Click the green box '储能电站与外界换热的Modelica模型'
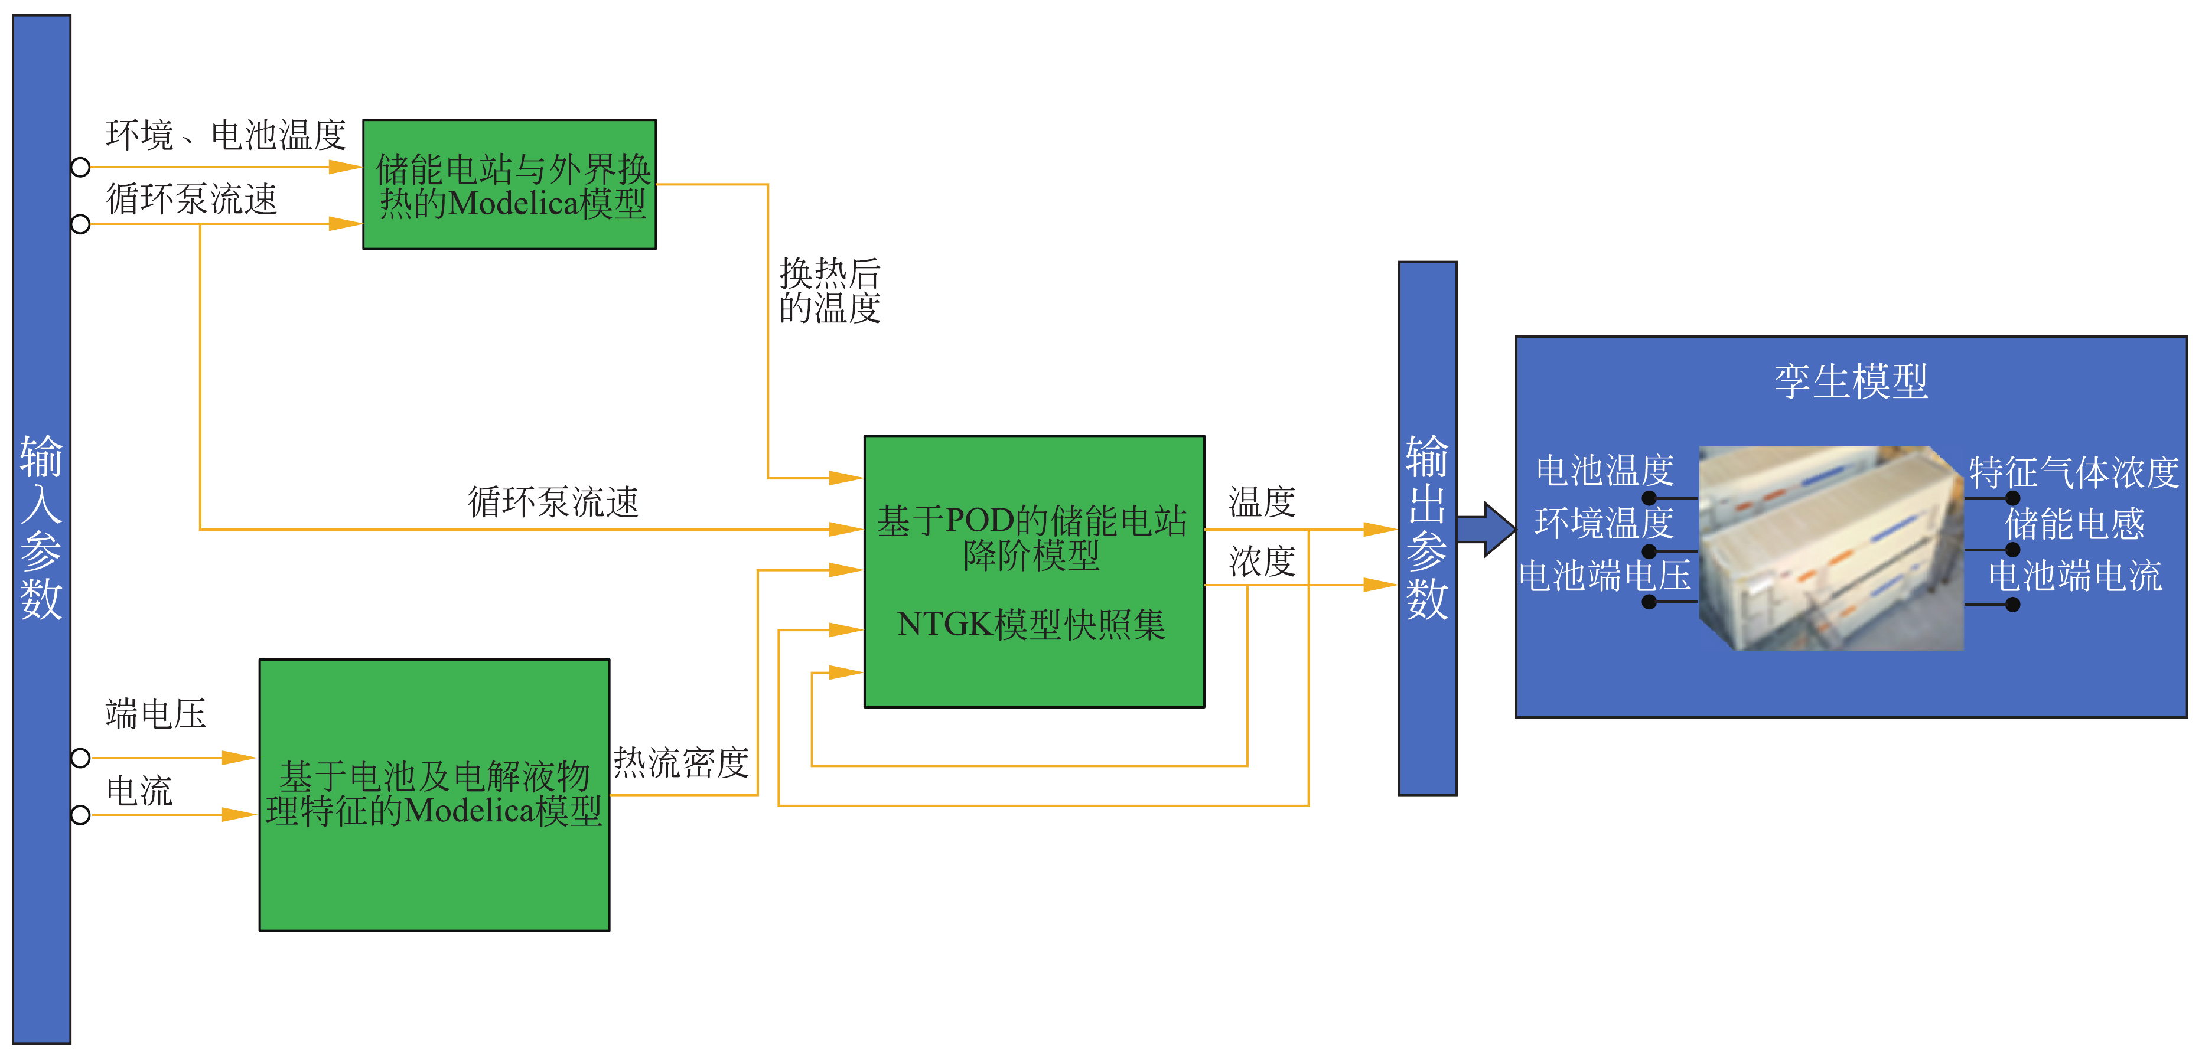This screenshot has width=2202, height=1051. click(x=510, y=185)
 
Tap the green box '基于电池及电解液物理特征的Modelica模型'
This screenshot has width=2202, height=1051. click(x=434, y=794)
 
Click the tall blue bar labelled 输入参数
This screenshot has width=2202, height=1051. click(x=41, y=527)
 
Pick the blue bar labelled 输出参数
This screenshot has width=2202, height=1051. click(x=1426, y=527)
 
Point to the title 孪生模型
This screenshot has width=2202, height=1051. click(x=1851, y=381)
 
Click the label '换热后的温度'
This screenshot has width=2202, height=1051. click(x=829, y=291)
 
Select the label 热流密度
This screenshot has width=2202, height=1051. click(x=681, y=762)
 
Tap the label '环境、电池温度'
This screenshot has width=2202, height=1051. click(x=226, y=135)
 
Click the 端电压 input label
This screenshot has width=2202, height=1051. click(x=155, y=713)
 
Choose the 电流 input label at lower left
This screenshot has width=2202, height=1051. click(x=139, y=791)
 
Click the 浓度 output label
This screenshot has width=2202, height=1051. click(x=1262, y=562)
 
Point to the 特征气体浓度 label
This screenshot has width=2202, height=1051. click(x=2074, y=472)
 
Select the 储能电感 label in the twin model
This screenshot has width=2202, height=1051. click(x=2074, y=524)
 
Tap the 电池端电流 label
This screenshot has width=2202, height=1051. click(x=2074, y=576)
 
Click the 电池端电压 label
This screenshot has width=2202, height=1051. click(x=1604, y=576)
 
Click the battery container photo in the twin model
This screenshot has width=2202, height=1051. click(x=1830, y=548)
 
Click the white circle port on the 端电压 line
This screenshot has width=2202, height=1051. click(x=80, y=758)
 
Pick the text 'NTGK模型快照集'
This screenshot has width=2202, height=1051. click(x=1031, y=625)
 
